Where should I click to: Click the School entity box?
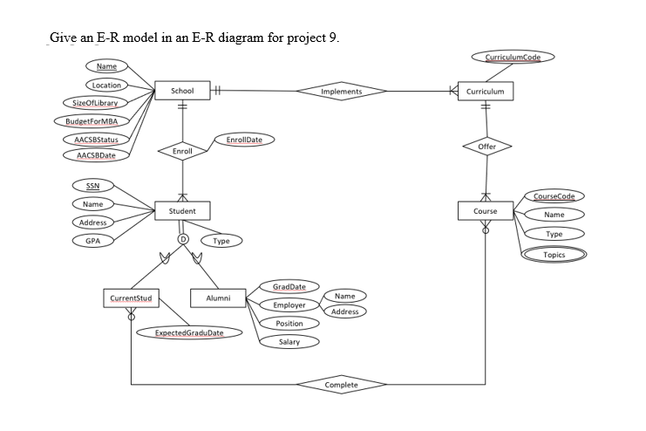(182, 91)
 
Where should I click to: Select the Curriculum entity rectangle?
(485, 91)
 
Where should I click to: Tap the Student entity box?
(183, 210)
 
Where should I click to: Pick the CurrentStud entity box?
(131, 298)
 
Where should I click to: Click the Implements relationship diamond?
(342, 91)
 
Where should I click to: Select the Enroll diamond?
(183, 151)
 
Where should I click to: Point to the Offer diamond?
(486, 147)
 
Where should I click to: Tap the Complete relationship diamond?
(341, 384)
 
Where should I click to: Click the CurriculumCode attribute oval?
(512, 58)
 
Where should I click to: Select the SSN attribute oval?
(92, 186)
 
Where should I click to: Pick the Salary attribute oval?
(289, 342)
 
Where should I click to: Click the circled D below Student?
(183, 237)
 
